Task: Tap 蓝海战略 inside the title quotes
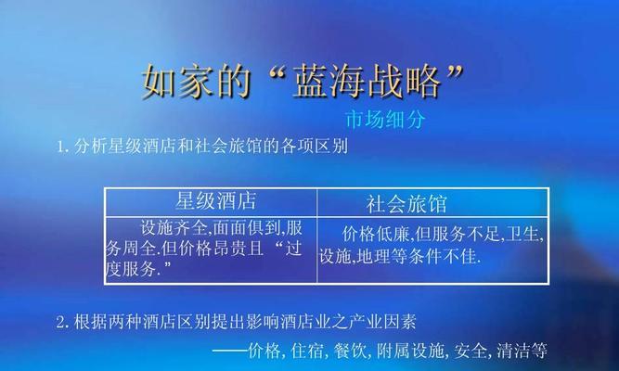click(x=368, y=82)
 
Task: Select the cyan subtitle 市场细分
click(x=386, y=120)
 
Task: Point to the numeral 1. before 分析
click(x=63, y=147)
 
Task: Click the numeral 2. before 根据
click(x=63, y=323)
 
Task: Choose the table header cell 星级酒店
click(x=216, y=201)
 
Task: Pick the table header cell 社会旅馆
click(x=406, y=204)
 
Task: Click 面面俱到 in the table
click(x=247, y=228)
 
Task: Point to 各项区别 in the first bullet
click(x=315, y=147)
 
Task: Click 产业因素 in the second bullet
click(x=382, y=322)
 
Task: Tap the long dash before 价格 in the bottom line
click(x=230, y=351)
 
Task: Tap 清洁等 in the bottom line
click(x=522, y=351)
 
